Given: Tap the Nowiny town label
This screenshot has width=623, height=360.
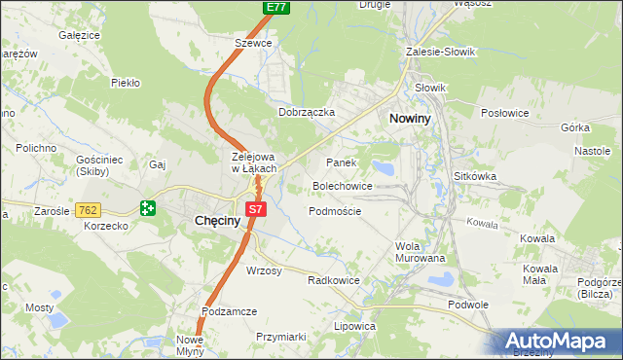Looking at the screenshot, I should pos(413,118).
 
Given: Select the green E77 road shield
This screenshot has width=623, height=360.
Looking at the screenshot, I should pos(275,7).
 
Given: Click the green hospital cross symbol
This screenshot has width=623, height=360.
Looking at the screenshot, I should pos(147,207).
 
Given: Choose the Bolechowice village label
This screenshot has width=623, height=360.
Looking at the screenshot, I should pos(342,185).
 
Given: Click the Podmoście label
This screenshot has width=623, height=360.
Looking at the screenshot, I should pos(335,211).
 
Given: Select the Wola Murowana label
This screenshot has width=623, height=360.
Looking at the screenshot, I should pos(420,252).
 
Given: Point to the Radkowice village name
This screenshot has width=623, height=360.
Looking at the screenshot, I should pos(334,280).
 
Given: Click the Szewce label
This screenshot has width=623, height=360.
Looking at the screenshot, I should pos(253,44).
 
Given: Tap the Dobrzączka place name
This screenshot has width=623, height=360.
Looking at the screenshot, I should pos(307,112).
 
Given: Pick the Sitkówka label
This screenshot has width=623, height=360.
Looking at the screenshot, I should pos(475,177).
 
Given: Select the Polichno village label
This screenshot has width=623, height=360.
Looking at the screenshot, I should pos(35,148).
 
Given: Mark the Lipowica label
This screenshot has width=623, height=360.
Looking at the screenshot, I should pos(354,327).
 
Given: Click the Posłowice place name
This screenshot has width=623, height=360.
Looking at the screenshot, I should pos(504,113).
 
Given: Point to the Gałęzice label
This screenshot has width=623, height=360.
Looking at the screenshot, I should pos(80,35).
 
